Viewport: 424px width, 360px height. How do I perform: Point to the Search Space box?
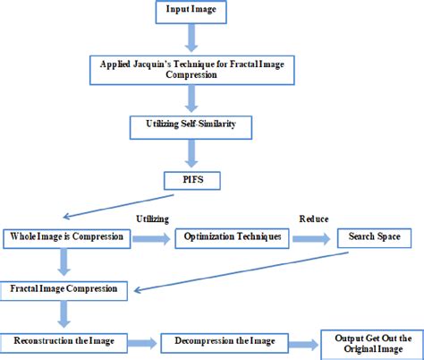pyautogui.click(x=372, y=237)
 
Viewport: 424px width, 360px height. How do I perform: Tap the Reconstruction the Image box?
pyautogui.click(x=64, y=341)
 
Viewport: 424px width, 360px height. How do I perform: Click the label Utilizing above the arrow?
pyautogui.click(x=153, y=219)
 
